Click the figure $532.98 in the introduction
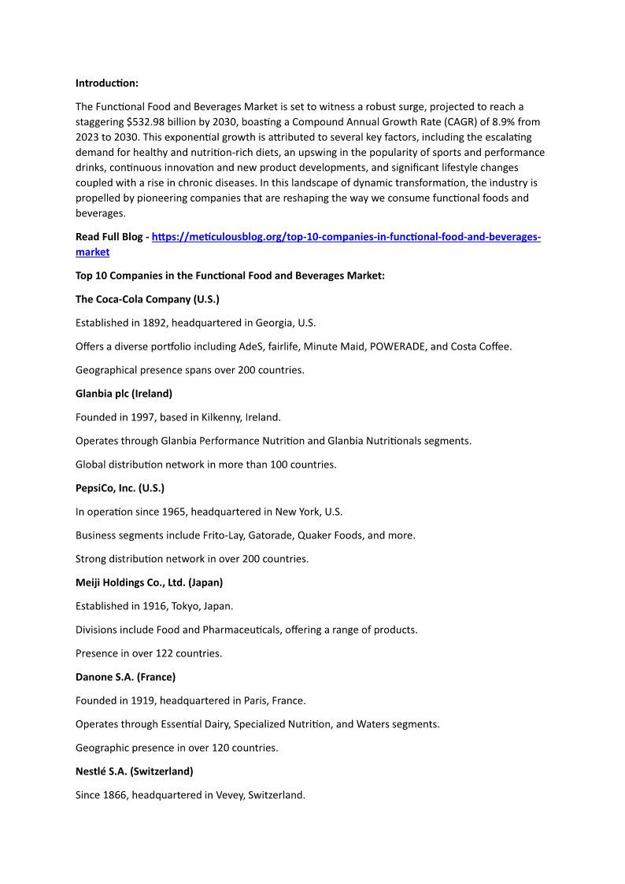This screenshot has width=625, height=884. pyautogui.click(x=147, y=122)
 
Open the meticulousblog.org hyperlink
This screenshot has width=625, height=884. pyautogui.click(x=346, y=237)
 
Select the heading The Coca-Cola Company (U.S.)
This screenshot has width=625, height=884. pyautogui.click(x=147, y=299)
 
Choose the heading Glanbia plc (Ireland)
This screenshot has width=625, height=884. pyautogui.click(x=124, y=394)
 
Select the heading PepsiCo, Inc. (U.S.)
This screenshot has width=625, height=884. pyautogui.click(x=120, y=488)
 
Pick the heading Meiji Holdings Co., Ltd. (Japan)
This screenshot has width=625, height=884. pyautogui.click(x=149, y=583)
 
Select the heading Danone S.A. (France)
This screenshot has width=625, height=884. pyautogui.click(x=125, y=677)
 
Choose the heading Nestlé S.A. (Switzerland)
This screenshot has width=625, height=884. pyautogui.click(x=134, y=771)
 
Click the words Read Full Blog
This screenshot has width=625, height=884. pyautogui.click(x=109, y=237)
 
